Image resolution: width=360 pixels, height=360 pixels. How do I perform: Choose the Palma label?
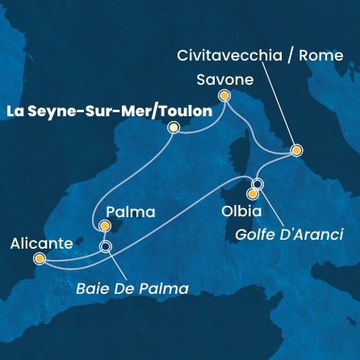click(x=128, y=214)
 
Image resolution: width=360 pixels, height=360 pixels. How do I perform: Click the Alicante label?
click(x=40, y=241)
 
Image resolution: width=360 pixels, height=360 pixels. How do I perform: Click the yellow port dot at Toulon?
click(x=173, y=128)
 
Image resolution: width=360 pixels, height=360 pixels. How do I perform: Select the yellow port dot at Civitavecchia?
click(x=297, y=150)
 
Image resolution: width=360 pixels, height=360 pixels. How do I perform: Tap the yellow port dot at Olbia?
click(x=253, y=194)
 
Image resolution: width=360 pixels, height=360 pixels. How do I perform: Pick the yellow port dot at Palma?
click(x=105, y=228)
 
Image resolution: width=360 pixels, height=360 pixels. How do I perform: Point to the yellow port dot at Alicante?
click(x=40, y=259)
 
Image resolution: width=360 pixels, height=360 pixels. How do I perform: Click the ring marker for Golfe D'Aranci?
click(x=257, y=182)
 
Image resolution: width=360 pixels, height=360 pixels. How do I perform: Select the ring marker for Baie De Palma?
click(x=105, y=246)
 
